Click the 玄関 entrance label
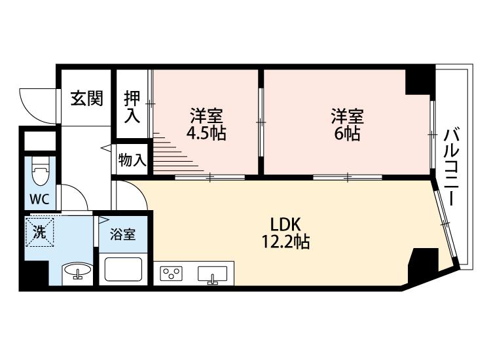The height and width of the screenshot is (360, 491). (86, 98)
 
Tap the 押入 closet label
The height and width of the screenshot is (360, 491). (132, 107)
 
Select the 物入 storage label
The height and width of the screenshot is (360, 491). (132, 160)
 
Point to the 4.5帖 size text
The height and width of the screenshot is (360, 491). (206, 134)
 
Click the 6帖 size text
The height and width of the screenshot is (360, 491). (347, 134)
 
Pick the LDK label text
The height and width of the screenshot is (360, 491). (285, 225)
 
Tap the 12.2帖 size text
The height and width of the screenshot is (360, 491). (285, 242)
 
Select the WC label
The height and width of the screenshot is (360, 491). (40, 199)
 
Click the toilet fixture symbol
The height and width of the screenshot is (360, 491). (41, 172)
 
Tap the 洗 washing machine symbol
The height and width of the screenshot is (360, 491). (40, 232)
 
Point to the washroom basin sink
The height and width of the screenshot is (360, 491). (77, 270)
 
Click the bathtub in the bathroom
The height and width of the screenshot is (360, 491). (123, 269)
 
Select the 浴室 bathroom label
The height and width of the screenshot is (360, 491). (123, 234)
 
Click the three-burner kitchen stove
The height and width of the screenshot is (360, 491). (171, 274)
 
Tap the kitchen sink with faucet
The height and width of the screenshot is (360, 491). (212, 274)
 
